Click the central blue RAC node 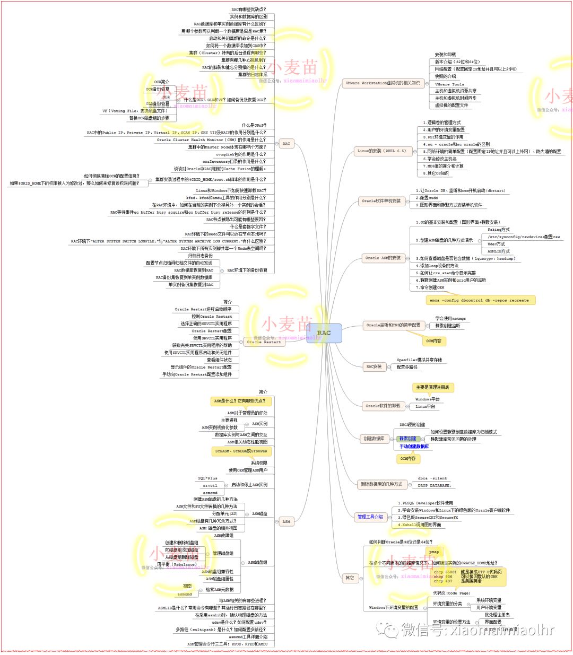(324, 333)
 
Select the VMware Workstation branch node (383, 83)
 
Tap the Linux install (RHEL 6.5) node (381, 151)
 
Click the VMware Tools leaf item (449, 84)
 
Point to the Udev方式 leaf (496, 244)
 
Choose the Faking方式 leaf (498, 230)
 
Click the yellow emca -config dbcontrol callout (479, 300)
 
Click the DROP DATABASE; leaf (434, 485)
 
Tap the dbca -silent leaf (432, 478)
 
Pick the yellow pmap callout (434, 552)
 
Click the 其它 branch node (350, 578)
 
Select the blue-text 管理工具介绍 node (370, 517)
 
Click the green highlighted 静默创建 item (408, 439)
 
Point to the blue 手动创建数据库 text (414, 447)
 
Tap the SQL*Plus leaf (207, 478)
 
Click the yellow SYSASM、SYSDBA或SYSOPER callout (241, 451)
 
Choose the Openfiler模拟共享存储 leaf (419, 360)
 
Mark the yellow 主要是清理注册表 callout (432, 387)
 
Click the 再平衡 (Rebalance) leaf (177, 564)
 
